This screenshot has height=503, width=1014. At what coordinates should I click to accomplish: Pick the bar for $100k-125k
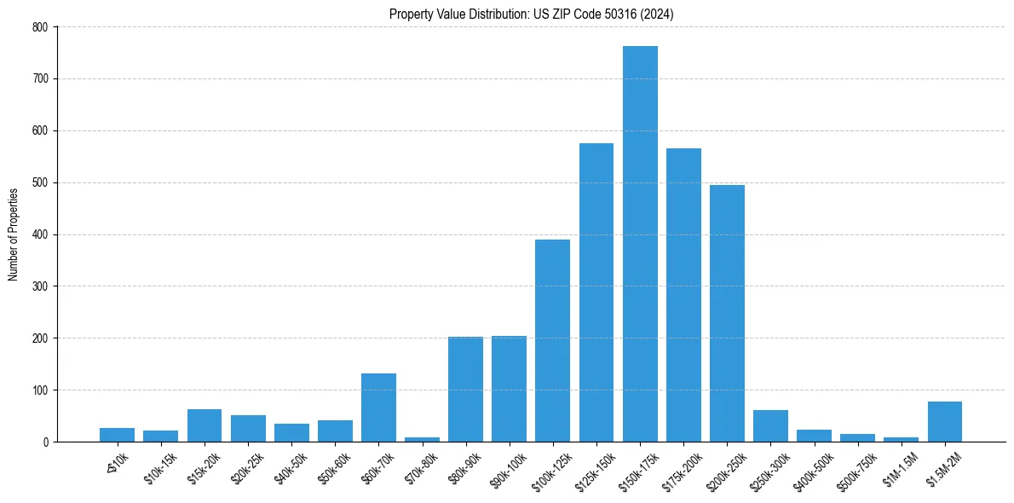click(552, 340)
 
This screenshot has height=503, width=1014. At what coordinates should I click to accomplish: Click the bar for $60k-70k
click(378, 408)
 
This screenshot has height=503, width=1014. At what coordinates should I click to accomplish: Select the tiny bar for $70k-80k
click(422, 439)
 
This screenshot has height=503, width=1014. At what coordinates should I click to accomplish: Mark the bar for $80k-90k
click(465, 390)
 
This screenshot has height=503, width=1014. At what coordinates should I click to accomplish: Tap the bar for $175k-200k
click(683, 295)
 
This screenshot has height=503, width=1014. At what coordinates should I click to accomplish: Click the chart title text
click(532, 14)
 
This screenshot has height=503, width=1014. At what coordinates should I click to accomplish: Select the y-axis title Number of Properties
click(14, 234)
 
